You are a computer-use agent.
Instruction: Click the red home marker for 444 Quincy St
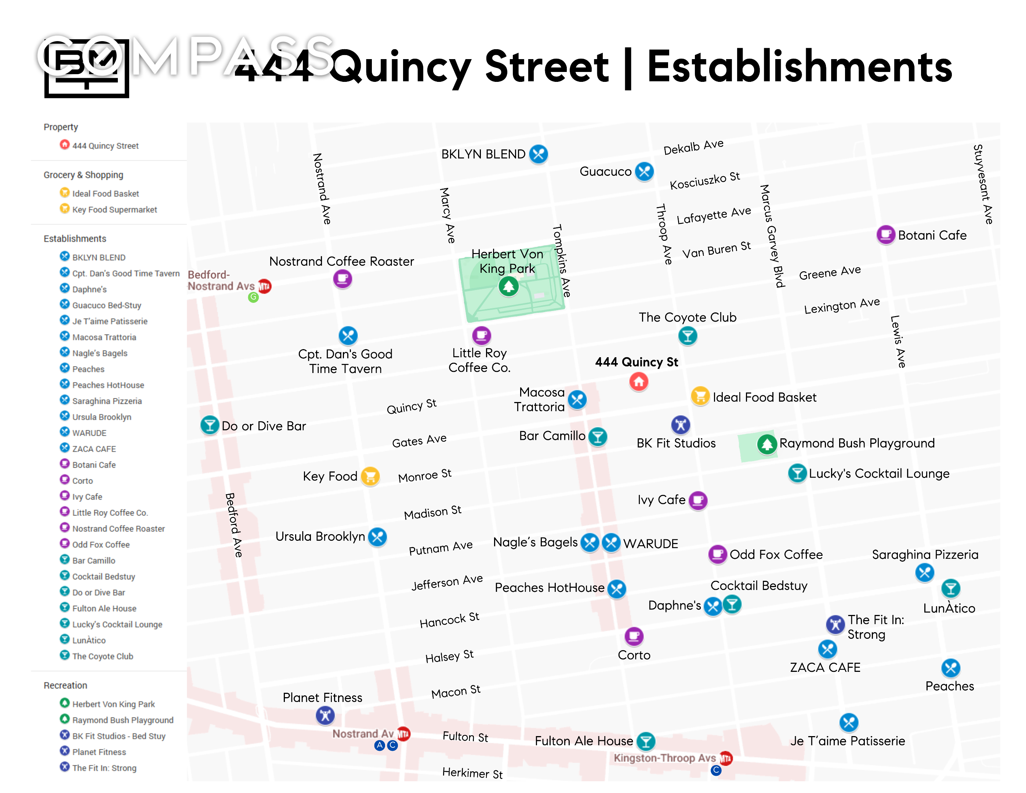638,381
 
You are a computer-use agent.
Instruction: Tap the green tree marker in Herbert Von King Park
508,286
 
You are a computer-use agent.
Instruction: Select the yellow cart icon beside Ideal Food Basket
700,396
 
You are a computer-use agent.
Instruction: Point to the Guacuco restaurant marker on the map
644,171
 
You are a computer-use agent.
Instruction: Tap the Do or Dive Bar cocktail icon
210,425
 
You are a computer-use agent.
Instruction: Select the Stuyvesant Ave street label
982,184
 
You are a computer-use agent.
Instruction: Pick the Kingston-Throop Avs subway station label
664,758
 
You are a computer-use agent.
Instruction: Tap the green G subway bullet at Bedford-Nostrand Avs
253,297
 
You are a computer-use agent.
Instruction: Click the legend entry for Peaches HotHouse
108,385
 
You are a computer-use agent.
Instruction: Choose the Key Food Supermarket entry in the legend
114,210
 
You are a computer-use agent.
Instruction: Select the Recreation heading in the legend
65,685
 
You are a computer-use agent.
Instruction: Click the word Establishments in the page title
799,67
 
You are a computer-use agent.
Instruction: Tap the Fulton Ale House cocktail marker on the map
645,741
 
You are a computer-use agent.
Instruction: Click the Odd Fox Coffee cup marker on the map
717,554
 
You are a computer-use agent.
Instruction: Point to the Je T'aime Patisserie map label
847,741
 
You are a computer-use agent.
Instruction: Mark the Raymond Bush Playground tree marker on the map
767,443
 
